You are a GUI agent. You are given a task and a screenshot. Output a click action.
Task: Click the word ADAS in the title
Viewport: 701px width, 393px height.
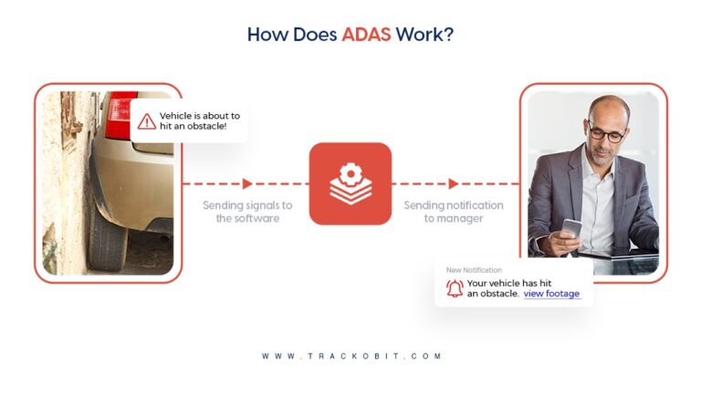(366, 35)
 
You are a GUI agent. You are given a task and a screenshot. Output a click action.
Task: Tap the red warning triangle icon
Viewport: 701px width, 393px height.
(147, 121)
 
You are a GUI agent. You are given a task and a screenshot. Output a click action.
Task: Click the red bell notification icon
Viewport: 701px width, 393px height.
(455, 288)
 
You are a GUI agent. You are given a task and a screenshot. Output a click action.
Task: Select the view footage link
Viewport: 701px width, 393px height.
(551, 294)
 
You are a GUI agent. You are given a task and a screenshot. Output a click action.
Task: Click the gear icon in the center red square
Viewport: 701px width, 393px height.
(350, 175)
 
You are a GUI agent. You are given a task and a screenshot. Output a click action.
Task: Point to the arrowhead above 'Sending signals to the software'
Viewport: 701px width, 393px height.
(247, 183)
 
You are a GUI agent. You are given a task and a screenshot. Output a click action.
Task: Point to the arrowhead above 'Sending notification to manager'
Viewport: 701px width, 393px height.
(454, 183)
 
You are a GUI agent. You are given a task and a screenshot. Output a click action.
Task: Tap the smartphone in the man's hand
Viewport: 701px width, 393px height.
(571, 228)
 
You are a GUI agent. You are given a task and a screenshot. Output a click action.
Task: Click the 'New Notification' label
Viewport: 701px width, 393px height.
(474, 270)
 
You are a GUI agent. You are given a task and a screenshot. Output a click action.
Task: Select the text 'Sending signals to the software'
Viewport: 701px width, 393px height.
(247, 212)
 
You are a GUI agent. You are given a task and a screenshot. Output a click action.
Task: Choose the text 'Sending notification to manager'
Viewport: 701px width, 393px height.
(454, 212)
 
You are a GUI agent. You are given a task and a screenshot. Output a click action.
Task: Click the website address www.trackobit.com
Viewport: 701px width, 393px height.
(351, 356)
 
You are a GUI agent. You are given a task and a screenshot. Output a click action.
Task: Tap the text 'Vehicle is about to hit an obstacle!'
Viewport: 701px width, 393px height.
(199, 121)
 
